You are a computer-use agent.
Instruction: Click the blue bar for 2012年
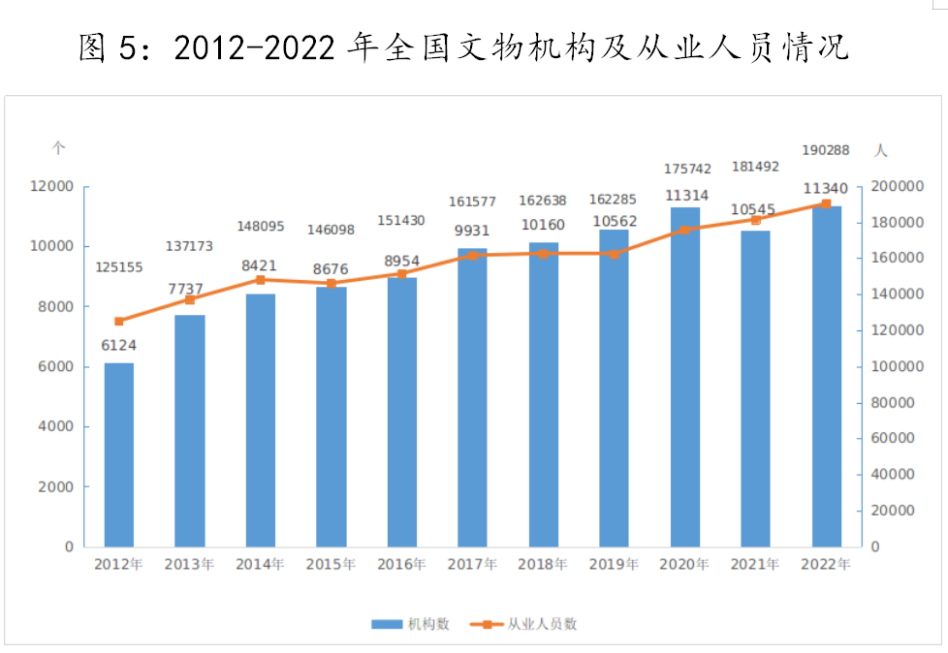(x=119, y=454)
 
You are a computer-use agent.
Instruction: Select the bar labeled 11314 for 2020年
(x=684, y=377)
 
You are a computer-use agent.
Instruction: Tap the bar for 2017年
(x=472, y=397)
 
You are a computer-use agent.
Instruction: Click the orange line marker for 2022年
(x=826, y=203)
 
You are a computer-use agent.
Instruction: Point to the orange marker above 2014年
(x=260, y=280)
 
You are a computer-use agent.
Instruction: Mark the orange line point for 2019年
(x=614, y=254)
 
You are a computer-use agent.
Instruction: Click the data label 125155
(x=119, y=266)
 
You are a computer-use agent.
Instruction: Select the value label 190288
(x=826, y=150)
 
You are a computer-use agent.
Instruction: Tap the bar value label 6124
(x=119, y=345)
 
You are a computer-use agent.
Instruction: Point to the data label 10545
(x=755, y=209)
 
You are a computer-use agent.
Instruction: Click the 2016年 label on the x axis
(x=401, y=565)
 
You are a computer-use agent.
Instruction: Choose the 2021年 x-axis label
(x=755, y=565)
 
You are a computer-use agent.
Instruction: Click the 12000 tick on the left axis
(x=51, y=186)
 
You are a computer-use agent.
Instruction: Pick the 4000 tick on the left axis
(x=55, y=426)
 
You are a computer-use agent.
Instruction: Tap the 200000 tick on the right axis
(x=897, y=186)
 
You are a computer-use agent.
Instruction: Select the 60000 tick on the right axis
(x=893, y=438)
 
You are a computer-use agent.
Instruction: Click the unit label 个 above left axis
(x=59, y=149)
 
